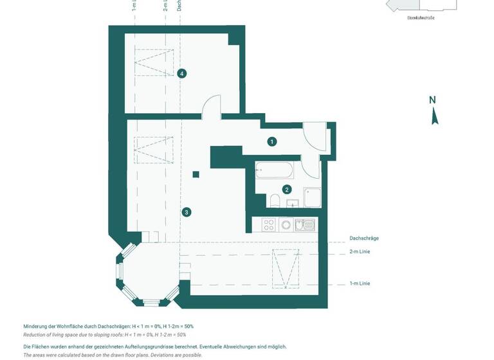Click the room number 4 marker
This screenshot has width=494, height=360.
[x=182, y=73]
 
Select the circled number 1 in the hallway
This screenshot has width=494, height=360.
[x=272, y=141]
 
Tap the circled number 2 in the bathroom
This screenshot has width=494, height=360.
[x=287, y=190]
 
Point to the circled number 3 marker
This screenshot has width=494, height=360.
[x=187, y=212]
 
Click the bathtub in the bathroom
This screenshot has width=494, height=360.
[x=275, y=171]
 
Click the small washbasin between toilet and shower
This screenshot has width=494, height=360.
[x=293, y=204]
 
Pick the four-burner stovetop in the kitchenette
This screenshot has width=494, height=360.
[x=269, y=225]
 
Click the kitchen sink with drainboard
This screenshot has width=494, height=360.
[x=305, y=225]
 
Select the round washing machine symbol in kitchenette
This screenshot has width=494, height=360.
[x=286, y=225]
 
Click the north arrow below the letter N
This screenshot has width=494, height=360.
[x=435, y=117]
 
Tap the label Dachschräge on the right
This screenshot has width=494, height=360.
[x=364, y=239]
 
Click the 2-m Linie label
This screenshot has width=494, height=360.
[x=360, y=251]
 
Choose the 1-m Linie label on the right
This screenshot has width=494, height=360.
[x=360, y=283]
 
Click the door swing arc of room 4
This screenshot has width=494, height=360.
[x=211, y=106]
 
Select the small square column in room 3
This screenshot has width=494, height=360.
[x=196, y=174]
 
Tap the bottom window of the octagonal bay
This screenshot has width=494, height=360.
[x=151, y=302]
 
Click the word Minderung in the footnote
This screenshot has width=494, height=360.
[x=37, y=327]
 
